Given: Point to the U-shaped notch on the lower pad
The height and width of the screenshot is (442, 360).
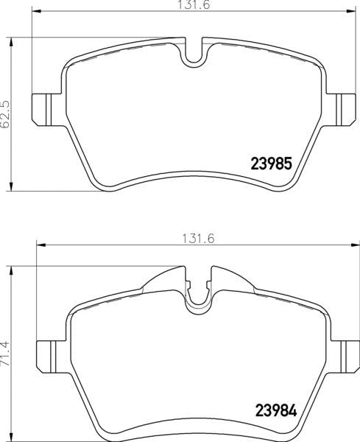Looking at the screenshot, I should (x=197, y=295).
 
